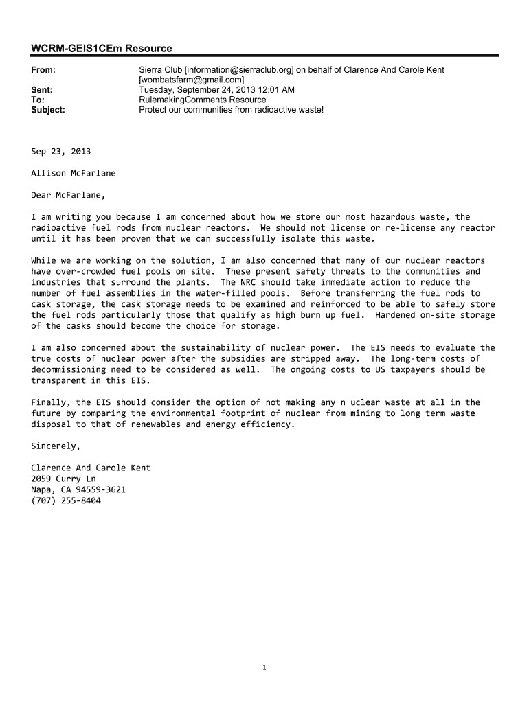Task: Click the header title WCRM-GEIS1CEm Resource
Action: pos(102,48)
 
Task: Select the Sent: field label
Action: pos(42,90)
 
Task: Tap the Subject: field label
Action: pos(48,109)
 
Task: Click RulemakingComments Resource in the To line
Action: pos(202,100)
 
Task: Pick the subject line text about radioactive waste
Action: pos(231,109)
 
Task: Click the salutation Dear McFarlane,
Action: pos(68,195)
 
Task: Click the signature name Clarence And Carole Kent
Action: pos(91,468)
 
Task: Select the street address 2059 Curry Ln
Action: pos(63,479)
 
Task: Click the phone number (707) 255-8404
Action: pos(66,500)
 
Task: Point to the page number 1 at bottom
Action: pos(264,667)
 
